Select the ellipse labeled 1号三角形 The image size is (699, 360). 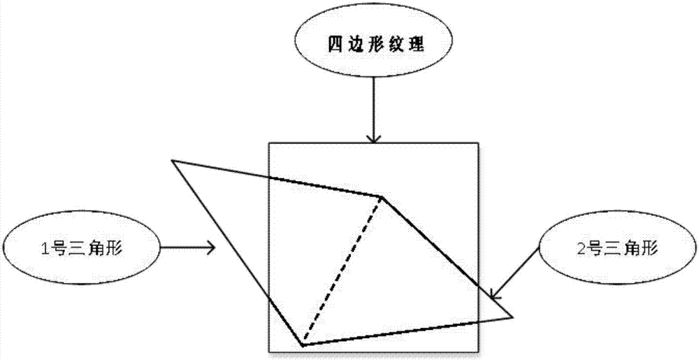[x=81, y=247]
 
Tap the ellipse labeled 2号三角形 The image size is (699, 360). [x=619, y=247]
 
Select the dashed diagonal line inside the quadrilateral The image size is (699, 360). [x=343, y=270]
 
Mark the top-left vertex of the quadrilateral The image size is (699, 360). [x=172, y=161]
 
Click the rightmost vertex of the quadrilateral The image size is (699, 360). [x=513, y=317]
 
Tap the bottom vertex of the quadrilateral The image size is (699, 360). [x=302, y=345]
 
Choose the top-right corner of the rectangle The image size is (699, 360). [x=480, y=144]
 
